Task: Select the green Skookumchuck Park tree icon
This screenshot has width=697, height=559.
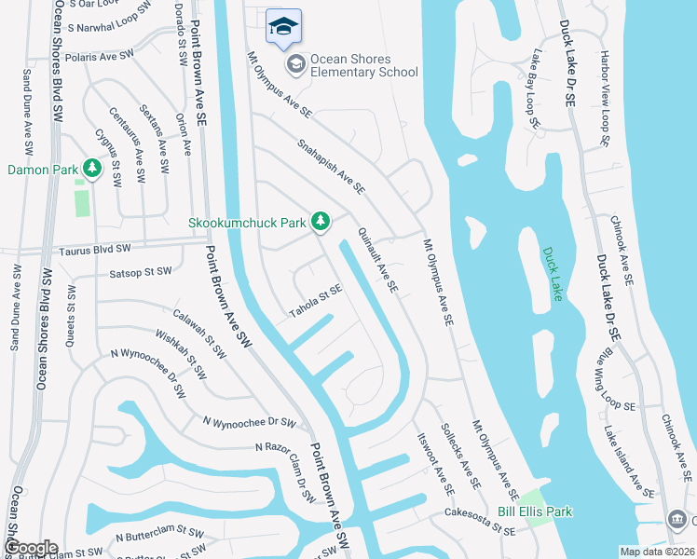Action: (x=321, y=221)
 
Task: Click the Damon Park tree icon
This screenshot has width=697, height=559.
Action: (x=91, y=169)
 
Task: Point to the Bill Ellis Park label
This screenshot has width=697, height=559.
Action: (x=534, y=511)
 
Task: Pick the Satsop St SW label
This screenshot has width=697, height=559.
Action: (x=141, y=272)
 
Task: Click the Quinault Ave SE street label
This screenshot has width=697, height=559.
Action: (x=378, y=264)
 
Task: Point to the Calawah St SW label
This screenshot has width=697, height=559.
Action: (x=200, y=334)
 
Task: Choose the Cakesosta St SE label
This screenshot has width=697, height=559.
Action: (x=479, y=526)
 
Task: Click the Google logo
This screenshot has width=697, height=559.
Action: (x=30, y=547)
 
